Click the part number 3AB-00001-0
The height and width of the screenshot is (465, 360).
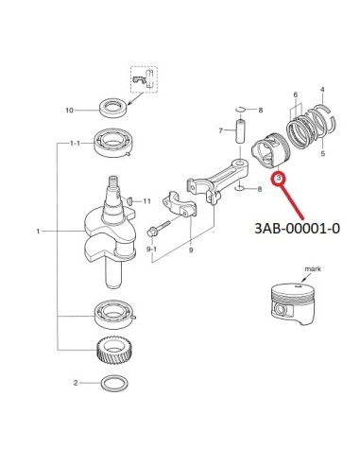pyautogui.click(x=297, y=229)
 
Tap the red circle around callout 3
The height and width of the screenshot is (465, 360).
pyautogui.click(x=279, y=179)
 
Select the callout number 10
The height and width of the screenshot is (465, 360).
pyautogui.click(x=69, y=111)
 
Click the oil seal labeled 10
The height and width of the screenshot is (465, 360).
pyautogui.click(x=113, y=108)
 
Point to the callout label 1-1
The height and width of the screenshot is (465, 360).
pyautogui.click(x=75, y=144)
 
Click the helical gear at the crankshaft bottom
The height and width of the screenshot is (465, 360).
pyautogui.click(x=111, y=351)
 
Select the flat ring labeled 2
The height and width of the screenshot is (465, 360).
pyautogui.click(x=114, y=384)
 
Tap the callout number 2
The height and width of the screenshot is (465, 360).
pyautogui.click(x=76, y=383)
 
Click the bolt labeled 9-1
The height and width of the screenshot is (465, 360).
pyautogui.click(x=159, y=228)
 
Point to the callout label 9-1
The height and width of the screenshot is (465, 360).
pyautogui.click(x=151, y=250)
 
